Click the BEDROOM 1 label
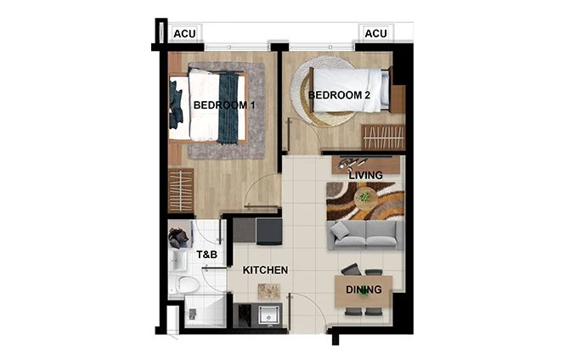coord(224,105)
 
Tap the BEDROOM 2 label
coord(339,95)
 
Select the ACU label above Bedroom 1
coord(184,34)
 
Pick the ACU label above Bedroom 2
coord(375,33)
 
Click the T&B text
coord(207,254)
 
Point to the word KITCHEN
coord(265,270)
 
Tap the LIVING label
coord(365,176)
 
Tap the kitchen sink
coord(270,315)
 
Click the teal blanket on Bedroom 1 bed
coord(228,106)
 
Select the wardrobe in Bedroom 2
coord(383,137)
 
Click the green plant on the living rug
coord(364,197)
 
